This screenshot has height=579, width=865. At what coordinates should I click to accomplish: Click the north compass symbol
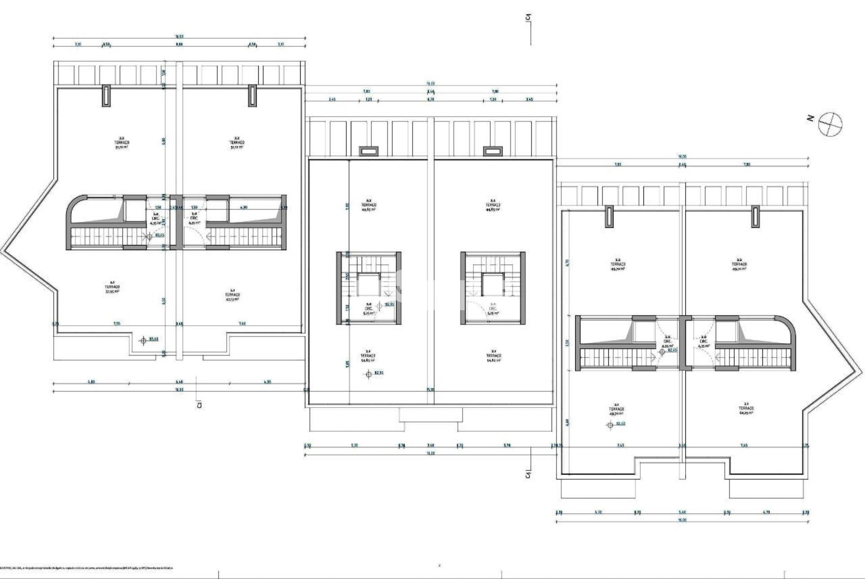pos(830,124)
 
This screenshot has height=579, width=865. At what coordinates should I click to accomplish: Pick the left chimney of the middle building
pos(368,151)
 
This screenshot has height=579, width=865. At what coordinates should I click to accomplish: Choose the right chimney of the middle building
pos(492,151)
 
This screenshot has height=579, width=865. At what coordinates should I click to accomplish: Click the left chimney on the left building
pos(106,95)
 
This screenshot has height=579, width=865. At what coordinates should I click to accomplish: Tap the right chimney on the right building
pos(756,216)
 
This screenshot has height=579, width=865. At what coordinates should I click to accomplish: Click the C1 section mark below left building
pos(199,405)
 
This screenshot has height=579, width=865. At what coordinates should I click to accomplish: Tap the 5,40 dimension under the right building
pos(682,512)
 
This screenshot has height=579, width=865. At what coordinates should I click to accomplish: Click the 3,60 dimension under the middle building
pos(430,446)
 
